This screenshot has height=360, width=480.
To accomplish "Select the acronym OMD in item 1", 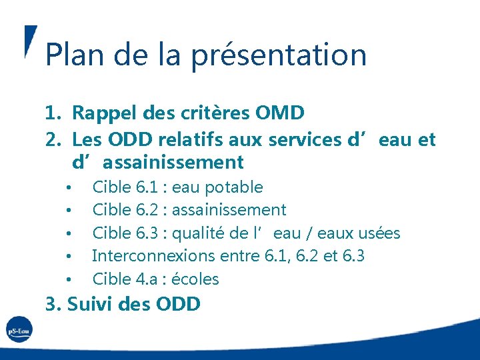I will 279,113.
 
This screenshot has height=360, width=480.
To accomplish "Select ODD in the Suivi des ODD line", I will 177,305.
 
